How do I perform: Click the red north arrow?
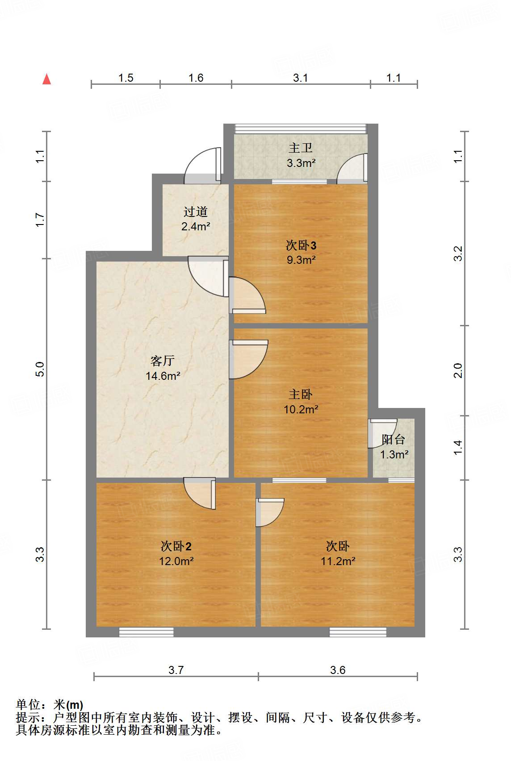(x=46, y=79)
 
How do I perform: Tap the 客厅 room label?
(x=162, y=361)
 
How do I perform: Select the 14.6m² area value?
(x=163, y=376)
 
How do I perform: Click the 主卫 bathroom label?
(x=301, y=148)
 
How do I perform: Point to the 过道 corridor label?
(x=196, y=212)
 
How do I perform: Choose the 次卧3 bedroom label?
(x=301, y=245)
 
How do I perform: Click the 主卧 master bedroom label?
(x=301, y=394)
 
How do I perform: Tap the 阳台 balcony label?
(x=394, y=440)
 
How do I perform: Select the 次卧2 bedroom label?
(x=176, y=546)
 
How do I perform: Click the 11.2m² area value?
(x=338, y=561)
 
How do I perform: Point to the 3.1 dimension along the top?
(x=300, y=78)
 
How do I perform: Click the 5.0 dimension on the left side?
(x=40, y=369)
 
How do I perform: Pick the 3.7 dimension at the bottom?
(x=176, y=670)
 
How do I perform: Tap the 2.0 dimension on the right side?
(x=458, y=370)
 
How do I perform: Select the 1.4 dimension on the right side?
(x=458, y=447)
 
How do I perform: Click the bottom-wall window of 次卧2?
(x=146, y=632)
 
